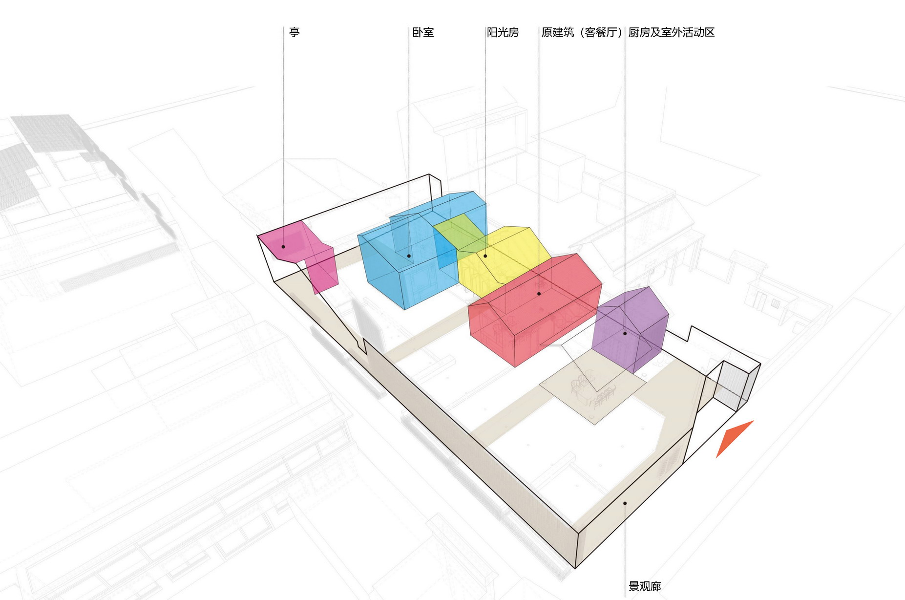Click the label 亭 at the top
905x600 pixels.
pyautogui.click(x=294, y=32)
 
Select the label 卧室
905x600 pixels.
pyautogui.click(x=423, y=32)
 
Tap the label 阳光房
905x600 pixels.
pyautogui.click(x=503, y=32)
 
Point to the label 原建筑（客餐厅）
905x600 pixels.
pyautogui.click(x=581, y=32)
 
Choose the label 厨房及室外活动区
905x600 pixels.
pyautogui.click(x=671, y=32)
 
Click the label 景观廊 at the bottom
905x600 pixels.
pyautogui.click(x=645, y=586)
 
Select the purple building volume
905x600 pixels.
pyautogui.click(x=630, y=327)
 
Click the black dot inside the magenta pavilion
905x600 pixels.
pyautogui.click(x=283, y=247)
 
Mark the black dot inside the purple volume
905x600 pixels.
pyautogui.click(x=625, y=333)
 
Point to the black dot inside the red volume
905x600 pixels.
pyautogui.click(x=539, y=294)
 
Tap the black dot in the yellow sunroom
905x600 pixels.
pyautogui.click(x=485, y=256)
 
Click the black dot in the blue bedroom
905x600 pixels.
pyautogui.click(x=409, y=256)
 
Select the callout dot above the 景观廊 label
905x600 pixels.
pyautogui.click(x=625, y=503)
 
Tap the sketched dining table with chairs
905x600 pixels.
pyautogui.click(x=593, y=388)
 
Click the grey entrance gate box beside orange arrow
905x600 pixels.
pyautogui.click(x=733, y=386)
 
